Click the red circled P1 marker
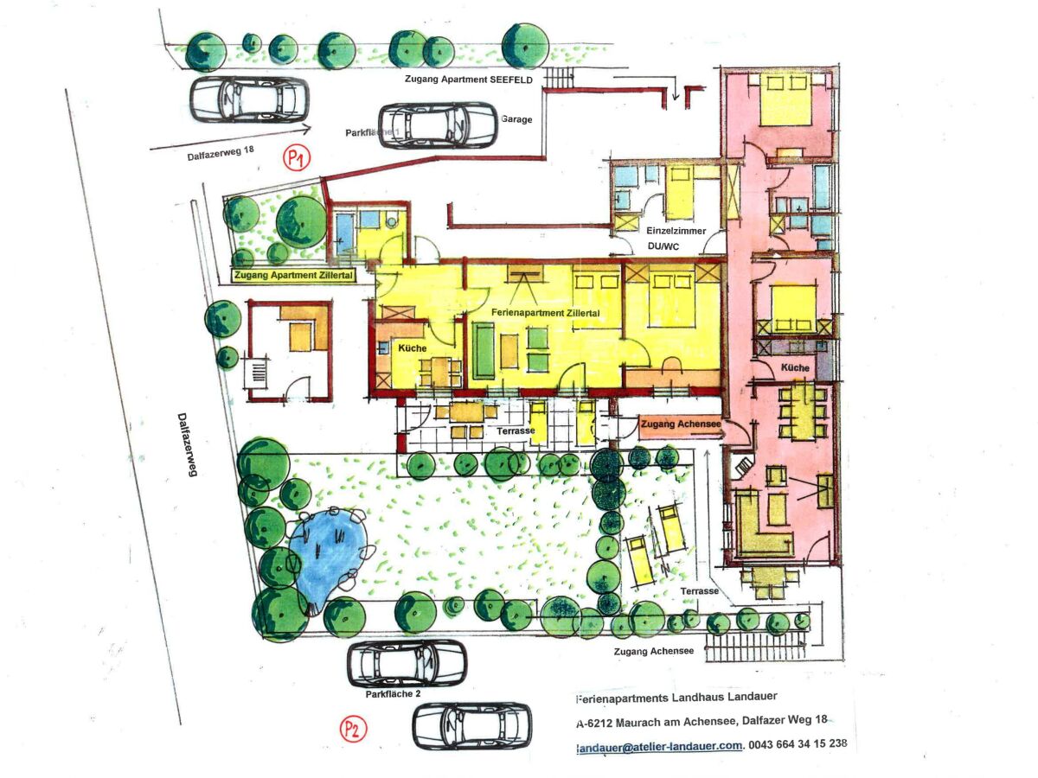[x=297, y=158]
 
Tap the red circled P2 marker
[x=353, y=729]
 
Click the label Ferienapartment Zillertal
[x=545, y=313]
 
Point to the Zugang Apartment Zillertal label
[x=293, y=275]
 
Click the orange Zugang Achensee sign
[x=681, y=424]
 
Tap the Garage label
[x=516, y=119]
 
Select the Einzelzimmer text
[x=676, y=231]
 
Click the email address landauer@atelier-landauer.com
[x=659, y=746]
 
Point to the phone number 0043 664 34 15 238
[x=798, y=743]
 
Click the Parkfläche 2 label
[x=393, y=694]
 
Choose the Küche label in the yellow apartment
[x=412, y=348]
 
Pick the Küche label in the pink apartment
[x=794, y=367]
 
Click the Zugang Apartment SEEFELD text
[x=469, y=80]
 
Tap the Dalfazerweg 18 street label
[x=221, y=153]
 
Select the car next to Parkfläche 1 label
[x=439, y=124]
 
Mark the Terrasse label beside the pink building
[x=700, y=591]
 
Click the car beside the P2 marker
[x=472, y=726]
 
